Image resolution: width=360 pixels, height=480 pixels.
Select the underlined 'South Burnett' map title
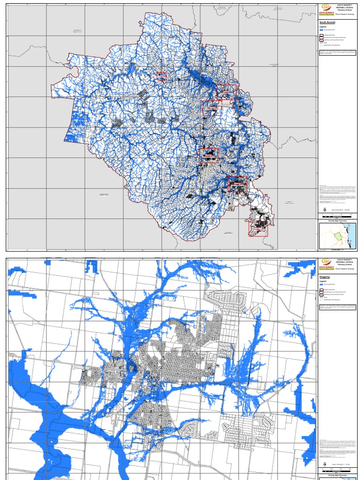click(x=328, y=22)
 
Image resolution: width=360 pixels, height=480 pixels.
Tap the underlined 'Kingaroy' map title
click(x=325, y=277)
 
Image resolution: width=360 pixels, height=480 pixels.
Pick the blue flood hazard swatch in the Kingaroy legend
click(x=321, y=286)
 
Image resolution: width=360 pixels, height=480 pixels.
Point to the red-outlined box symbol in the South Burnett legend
click(x=321, y=35)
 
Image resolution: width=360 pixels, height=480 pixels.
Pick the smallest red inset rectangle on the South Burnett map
click(x=161, y=76)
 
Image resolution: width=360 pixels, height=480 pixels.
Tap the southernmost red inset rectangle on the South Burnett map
click(x=258, y=227)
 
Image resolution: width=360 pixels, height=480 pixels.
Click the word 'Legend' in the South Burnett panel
click(x=323, y=27)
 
